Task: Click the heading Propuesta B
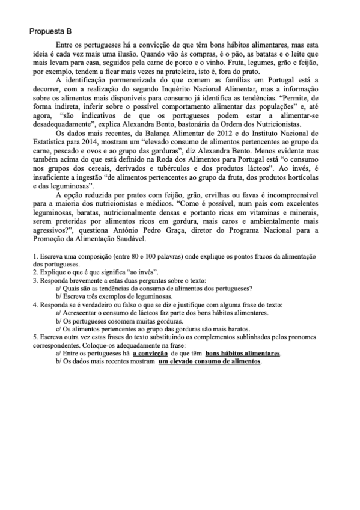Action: coord(52,31)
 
